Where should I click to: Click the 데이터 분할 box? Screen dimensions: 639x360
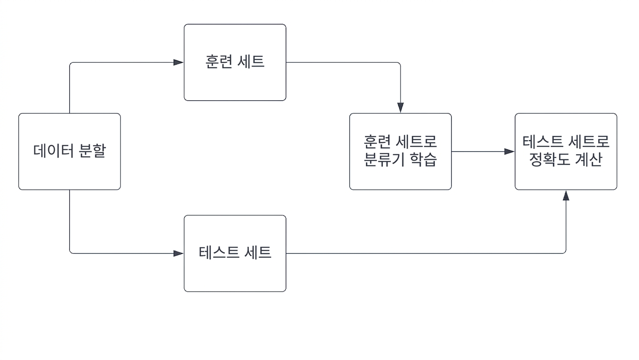(x=70, y=151)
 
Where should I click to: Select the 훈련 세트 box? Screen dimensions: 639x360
(x=235, y=62)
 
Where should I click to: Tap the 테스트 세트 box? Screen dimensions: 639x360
(x=235, y=253)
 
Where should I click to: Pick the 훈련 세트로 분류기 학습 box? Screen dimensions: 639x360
(x=401, y=151)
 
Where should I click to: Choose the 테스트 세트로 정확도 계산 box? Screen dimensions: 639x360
(x=566, y=151)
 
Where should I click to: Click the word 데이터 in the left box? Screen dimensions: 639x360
(x=53, y=150)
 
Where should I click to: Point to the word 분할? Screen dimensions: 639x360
(x=92, y=151)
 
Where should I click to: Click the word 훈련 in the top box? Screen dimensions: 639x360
(x=218, y=62)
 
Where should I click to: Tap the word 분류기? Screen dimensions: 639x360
(x=384, y=159)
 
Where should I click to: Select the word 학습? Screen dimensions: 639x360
(x=423, y=159)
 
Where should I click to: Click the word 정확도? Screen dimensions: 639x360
(x=550, y=159)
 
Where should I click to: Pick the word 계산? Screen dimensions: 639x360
(x=588, y=159)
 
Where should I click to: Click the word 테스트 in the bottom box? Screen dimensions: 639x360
(x=218, y=252)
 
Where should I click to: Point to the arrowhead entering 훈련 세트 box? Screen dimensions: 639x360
(x=178, y=62)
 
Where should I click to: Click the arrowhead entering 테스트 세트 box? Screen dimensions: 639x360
(x=178, y=253)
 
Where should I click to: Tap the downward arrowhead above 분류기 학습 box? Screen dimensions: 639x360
(x=401, y=108)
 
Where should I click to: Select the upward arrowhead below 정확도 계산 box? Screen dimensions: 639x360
(x=566, y=195)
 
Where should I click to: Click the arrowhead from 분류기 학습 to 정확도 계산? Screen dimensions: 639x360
(x=510, y=151)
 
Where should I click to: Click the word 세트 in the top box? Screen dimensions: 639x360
(x=251, y=62)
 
